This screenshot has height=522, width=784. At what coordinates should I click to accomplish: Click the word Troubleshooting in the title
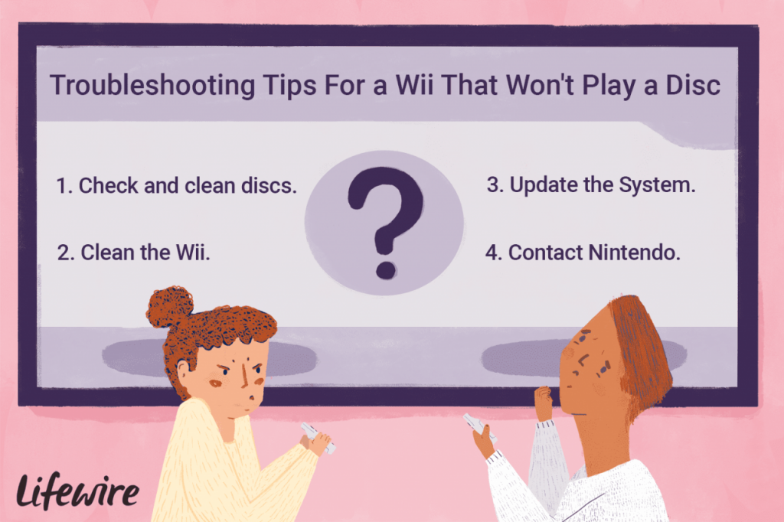(x=153, y=85)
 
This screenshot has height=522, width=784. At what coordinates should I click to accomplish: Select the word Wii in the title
(x=414, y=84)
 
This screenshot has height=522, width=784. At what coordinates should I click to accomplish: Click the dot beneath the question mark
(x=386, y=269)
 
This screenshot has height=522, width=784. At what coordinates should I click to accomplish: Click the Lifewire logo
(x=77, y=491)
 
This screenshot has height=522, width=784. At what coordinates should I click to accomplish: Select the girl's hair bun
(x=169, y=306)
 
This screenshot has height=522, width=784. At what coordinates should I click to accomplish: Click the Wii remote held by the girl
(x=318, y=438)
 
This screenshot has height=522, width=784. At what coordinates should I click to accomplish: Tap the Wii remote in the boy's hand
(x=479, y=428)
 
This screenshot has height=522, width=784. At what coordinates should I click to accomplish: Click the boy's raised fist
(x=544, y=403)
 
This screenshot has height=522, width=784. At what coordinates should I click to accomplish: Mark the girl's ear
(x=183, y=372)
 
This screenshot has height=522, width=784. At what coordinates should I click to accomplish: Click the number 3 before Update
(x=493, y=184)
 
